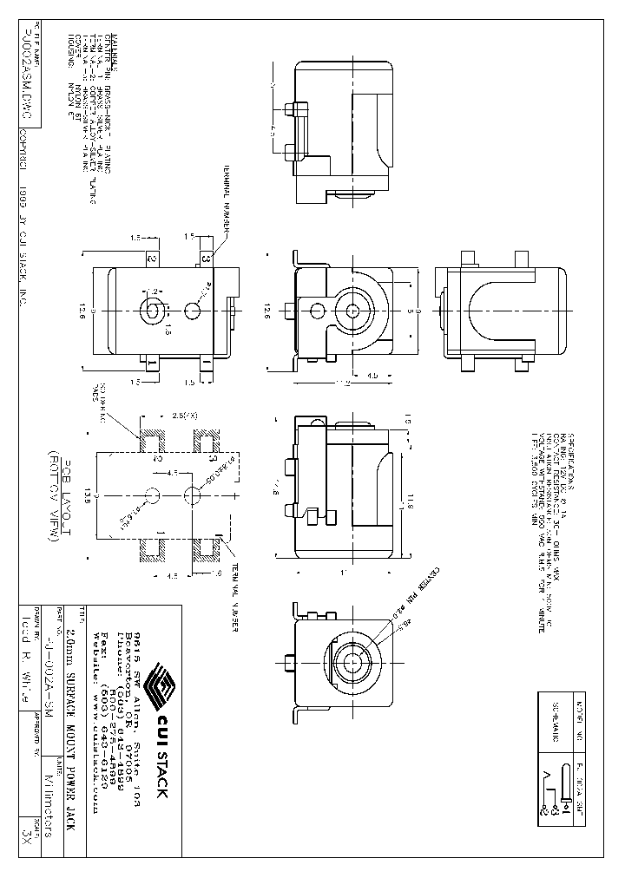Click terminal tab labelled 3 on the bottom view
click(x=206, y=258)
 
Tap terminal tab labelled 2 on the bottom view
click(x=151, y=258)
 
